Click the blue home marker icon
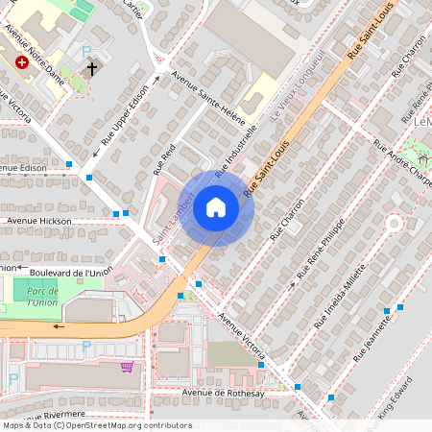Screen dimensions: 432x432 coord(215,207)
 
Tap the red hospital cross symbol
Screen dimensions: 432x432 coord(22,62)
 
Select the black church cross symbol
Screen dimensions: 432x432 coord(92,69)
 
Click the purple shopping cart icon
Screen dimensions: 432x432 coord(127,367)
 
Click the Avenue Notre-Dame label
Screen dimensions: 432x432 coord(36,66)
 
